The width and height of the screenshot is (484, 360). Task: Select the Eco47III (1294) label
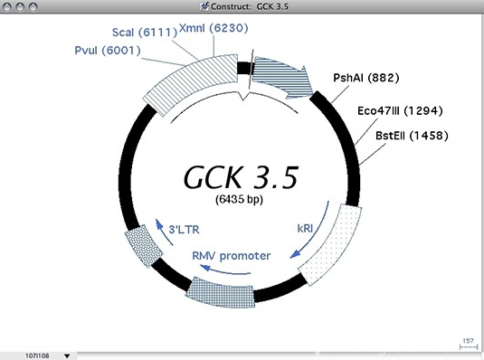[401, 113]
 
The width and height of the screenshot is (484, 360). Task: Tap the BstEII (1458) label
[411, 136]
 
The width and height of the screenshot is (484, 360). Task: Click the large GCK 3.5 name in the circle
[241, 175]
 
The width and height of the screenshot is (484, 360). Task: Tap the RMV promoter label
[231, 255]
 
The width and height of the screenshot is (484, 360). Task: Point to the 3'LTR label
[185, 231]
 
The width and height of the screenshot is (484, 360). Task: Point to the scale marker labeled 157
[468, 341]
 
